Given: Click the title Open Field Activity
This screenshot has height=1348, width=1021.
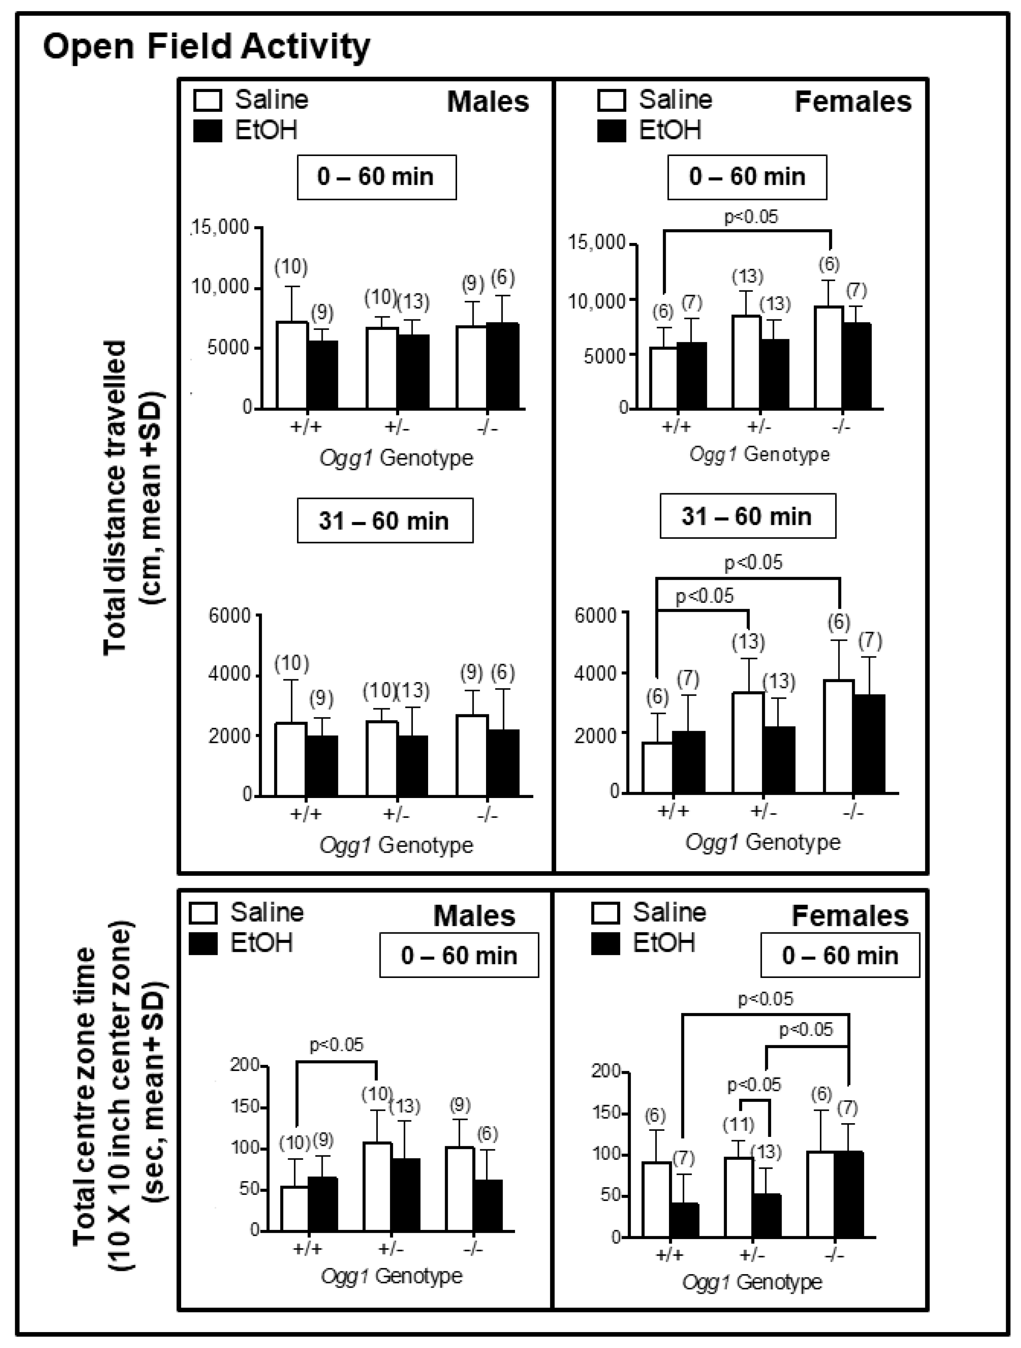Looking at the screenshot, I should click(206, 47).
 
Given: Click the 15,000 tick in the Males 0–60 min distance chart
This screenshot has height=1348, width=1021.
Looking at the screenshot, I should click(221, 227).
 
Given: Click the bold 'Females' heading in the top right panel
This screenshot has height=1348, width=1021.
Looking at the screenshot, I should click(853, 102).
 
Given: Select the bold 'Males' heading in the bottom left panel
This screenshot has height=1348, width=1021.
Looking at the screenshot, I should click(474, 916).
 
